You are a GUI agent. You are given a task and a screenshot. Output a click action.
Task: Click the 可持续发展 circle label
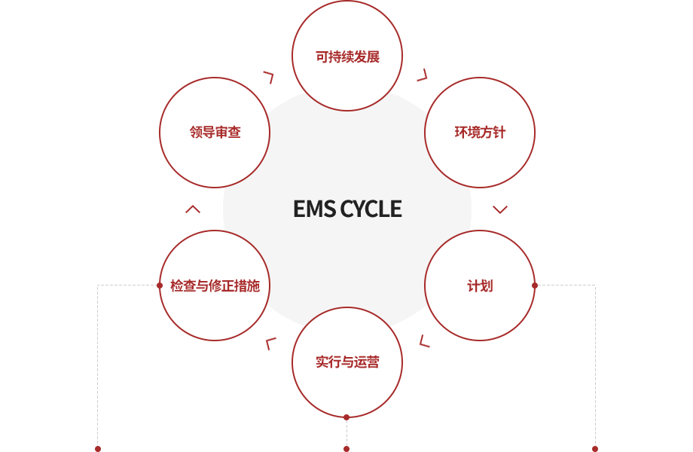[x=347, y=56]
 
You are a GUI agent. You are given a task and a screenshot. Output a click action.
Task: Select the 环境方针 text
[x=480, y=133]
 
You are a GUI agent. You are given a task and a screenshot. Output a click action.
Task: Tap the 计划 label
[x=480, y=286]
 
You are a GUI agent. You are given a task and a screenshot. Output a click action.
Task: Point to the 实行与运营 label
[x=347, y=362]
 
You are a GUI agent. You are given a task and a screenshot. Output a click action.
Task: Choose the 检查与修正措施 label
[x=215, y=286]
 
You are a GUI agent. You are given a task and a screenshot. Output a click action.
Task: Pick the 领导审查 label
[x=215, y=133]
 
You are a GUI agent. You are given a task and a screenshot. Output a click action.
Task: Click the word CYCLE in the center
[x=371, y=209]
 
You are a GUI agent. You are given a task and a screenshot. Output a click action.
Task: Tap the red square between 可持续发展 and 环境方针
[x=422, y=75]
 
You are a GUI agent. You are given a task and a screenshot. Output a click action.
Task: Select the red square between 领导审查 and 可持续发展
[x=268, y=78]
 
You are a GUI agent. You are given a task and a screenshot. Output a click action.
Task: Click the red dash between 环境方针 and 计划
[x=500, y=209]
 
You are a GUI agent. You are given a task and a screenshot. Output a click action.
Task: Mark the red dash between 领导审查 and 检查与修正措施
[x=193, y=209]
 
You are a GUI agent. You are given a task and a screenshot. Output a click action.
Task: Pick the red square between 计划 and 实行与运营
[x=424, y=341]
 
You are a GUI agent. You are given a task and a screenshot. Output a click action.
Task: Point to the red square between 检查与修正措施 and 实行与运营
[x=270, y=344]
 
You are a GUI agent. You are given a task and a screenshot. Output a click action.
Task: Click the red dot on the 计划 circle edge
[x=535, y=286]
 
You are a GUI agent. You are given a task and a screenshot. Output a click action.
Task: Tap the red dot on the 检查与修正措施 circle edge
[x=159, y=286]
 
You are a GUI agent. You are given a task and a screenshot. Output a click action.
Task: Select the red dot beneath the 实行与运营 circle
[x=346, y=418]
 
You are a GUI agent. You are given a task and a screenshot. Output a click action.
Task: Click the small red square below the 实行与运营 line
[x=346, y=448]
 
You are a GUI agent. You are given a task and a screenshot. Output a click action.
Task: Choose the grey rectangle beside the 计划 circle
[x=565, y=365]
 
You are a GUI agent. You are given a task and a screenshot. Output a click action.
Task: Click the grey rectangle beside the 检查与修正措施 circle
[x=127, y=365]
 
